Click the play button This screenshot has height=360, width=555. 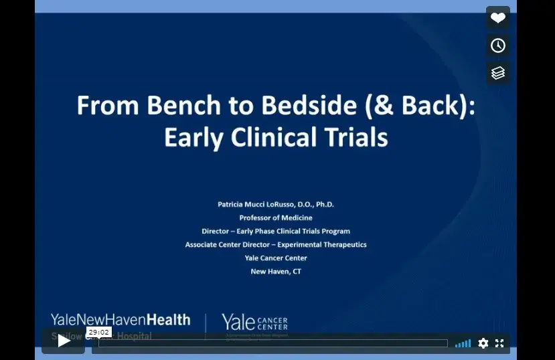click(x=64, y=341)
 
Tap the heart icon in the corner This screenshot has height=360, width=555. click(x=498, y=18)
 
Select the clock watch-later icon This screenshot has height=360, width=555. click(x=498, y=46)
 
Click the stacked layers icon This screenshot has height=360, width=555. click(x=498, y=73)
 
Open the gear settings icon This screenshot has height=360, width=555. click(x=483, y=343)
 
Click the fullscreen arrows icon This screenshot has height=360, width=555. click(x=499, y=343)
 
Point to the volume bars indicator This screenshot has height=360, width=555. click(x=463, y=343)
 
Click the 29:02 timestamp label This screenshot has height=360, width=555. click(x=98, y=332)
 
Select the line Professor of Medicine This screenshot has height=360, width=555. click(x=276, y=217)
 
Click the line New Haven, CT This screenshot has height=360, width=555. click(x=276, y=271)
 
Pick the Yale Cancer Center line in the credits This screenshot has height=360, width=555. click(x=276, y=258)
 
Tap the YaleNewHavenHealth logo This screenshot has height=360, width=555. click(x=121, y=320)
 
